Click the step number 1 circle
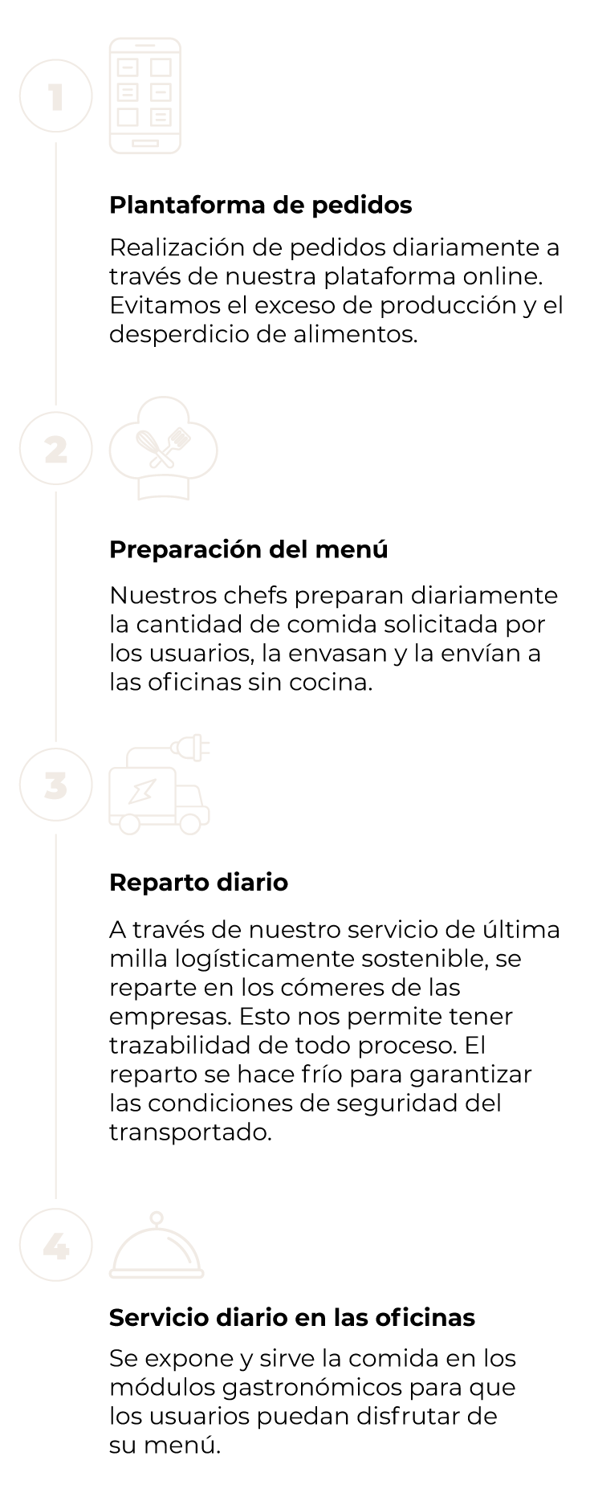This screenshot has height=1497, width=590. coord(55,97)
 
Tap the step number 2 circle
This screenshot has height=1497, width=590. coord(55,449)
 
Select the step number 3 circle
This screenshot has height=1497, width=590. coord(55,785)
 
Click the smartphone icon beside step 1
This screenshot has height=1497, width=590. coord(145,96)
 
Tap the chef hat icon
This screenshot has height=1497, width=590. coord(164,449)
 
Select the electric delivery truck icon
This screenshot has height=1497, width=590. coord(160,785)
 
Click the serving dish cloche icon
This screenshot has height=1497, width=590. coord(157,1246)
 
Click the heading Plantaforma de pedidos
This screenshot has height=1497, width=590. coord(261,206)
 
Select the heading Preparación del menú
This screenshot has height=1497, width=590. coord(249,550)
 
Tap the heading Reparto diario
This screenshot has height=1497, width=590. coord(198,883)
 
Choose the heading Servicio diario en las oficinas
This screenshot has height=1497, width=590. coord(292,1318)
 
